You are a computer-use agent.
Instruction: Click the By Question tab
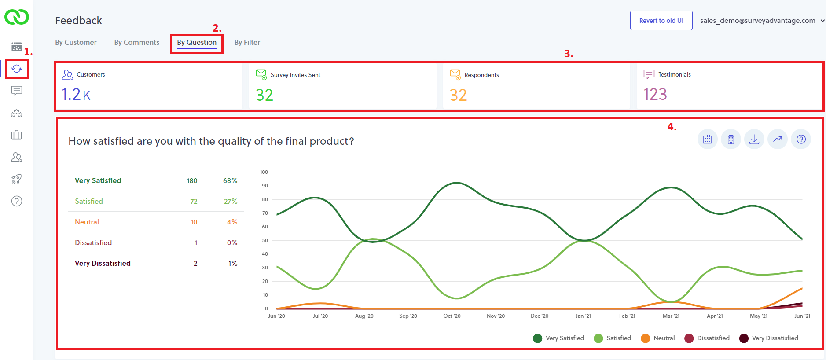pyautogui.click(x=197, y=43)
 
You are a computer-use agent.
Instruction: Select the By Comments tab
pyautogui.click(x=136, y=43)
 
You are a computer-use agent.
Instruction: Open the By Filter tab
pyautogui.click(x=247, y=43)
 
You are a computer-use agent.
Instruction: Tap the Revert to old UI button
pyautogui.click(x=661, y=21)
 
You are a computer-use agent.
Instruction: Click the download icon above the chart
pyautogui.click(x=754, y=140)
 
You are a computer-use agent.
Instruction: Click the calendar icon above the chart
pyautogui.click(x=707, y=140)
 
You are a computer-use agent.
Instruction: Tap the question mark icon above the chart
pyautogui.click(x=801, y=140)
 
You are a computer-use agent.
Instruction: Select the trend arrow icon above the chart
pyautogui.click(x=778, y=140)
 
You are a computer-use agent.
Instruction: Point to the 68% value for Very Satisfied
pyautogui.click(x=230, y=181)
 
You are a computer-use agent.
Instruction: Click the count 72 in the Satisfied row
pyautogui.click(x=194, y=202)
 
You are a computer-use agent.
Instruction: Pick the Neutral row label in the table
pyautogui.click(x=87, y=222)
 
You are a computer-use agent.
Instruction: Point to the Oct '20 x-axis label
pyautogui.click(x=452, y=316)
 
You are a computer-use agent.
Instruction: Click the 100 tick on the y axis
pyautogui.click(x=264, y=172)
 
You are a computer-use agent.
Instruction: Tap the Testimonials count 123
pyautogui.click(x=655, y=95)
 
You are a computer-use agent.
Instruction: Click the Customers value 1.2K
pyautogui.click(x=76, y=95)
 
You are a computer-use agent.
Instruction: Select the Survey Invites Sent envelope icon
pyautogui.click(x=261, y=74)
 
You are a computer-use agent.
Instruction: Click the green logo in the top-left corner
pyautogui.click(x=17, y=18)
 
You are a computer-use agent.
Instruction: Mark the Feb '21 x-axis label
pyautogui.click(x=627, y=316)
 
